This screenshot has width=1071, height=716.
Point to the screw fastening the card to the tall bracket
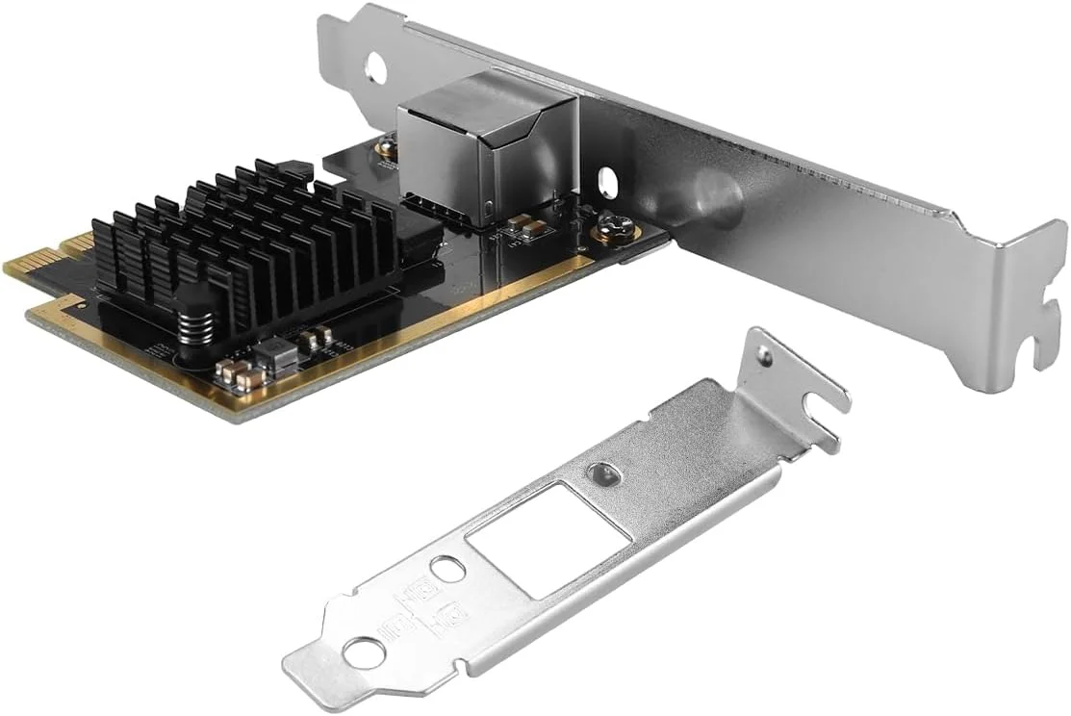[611, 229]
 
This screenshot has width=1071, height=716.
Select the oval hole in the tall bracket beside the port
[606, 181]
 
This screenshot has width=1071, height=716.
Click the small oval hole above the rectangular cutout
[600, 473]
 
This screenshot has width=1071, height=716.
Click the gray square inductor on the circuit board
[280, 355]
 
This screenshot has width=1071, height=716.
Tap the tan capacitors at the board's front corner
[237, 374]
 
